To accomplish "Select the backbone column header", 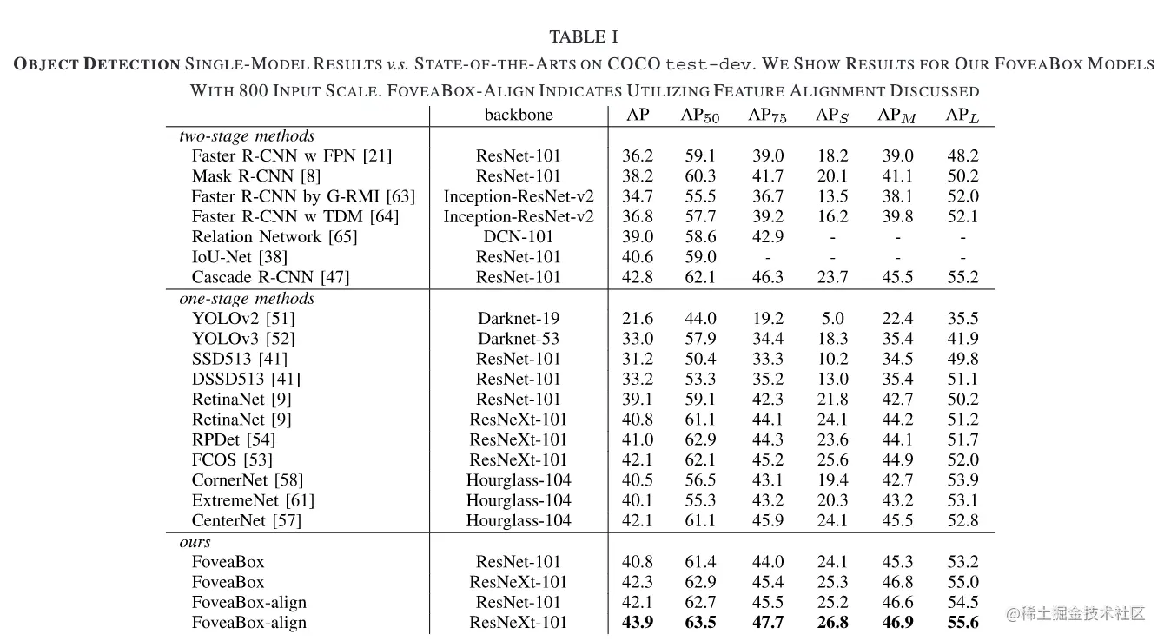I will [518, 115].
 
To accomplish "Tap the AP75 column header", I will [767, 116].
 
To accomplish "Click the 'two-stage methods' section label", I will [247, 135].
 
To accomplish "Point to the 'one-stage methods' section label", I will [247, 298].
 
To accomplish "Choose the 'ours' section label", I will [195, 541].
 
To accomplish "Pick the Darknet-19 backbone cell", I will [518, 319].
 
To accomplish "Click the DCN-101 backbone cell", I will [518, 237].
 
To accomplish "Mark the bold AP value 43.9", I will [638, 622].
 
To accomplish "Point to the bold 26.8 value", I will [832, 622].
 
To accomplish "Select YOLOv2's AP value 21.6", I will [638, 319].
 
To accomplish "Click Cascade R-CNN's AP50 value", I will [700, 278].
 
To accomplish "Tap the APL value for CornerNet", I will [962, 480].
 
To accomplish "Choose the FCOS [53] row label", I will [232, 460].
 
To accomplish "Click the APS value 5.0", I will [832, 319].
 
